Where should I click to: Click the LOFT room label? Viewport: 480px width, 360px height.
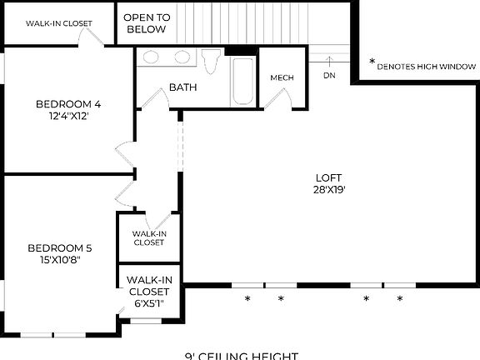[x=328, y=177]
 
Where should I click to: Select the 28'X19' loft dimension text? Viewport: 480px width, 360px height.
[x=328, y=189]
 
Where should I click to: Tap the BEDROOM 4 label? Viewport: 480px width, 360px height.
[x=68, y=104]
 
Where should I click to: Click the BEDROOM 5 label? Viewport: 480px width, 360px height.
[x=59, y=247]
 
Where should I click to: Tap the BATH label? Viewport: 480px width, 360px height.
[x=182, y=87]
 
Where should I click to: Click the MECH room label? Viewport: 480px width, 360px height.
[x=282, y=78]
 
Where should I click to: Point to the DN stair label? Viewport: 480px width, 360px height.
[x=329, y=75]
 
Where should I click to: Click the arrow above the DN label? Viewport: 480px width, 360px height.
[x=329, y=61]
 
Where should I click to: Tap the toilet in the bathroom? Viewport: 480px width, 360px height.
[x=212, y=62]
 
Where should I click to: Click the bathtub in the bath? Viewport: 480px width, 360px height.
[x=243, y=81]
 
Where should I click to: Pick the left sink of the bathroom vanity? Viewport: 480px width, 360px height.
[x=152, y=57]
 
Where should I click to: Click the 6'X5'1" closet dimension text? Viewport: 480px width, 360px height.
[x=149, y=303]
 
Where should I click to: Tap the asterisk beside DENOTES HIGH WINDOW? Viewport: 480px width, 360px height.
[x=372, y=63]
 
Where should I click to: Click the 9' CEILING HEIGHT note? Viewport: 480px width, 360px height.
[x=241, y=355]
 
